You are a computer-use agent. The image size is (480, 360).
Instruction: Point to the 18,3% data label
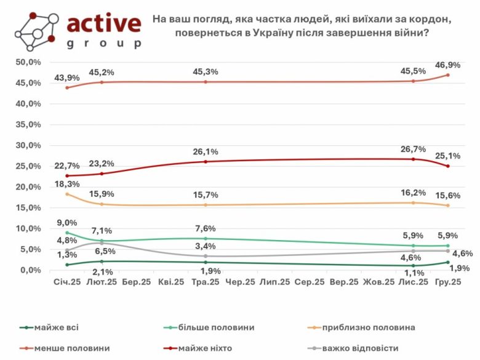(x=66, y=183)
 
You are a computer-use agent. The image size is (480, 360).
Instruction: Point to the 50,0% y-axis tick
(x=28, y=62)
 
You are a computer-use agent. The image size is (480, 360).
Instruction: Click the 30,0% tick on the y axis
(x=28, y=145)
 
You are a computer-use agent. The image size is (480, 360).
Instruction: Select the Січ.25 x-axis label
(x=66, y=281)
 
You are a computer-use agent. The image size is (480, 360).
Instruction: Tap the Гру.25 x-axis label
(x=447, y=281)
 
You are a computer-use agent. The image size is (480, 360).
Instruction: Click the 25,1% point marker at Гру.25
(x=447, y=166)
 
